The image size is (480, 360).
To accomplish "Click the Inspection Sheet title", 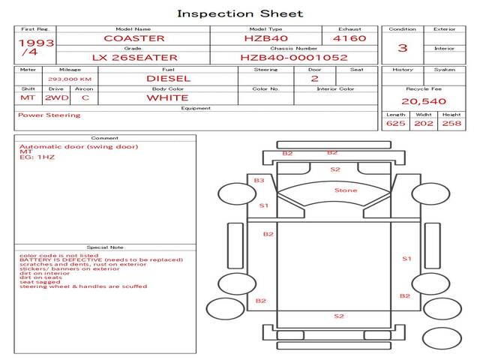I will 240,13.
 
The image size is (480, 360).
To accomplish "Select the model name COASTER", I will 134,38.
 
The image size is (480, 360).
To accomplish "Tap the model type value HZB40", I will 266,38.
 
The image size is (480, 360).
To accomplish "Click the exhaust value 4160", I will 349,38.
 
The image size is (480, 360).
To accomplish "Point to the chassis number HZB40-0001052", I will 294,58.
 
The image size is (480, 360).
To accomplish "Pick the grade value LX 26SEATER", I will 135,58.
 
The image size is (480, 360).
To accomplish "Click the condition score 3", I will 403,48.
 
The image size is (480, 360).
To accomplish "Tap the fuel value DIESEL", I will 168,78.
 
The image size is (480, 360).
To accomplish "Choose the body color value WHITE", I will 168,97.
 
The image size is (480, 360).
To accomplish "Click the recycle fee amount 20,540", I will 424,101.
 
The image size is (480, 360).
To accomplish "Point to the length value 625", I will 395,123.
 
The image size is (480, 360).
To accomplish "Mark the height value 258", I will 451,123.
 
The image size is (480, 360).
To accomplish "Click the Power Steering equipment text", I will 49,115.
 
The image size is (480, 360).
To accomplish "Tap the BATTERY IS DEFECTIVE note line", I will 101,259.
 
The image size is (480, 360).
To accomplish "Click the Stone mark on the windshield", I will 346,190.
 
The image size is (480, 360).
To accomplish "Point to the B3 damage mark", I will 259,180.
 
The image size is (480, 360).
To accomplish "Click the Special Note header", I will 104,247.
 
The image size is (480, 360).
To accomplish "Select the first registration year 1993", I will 35,43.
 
